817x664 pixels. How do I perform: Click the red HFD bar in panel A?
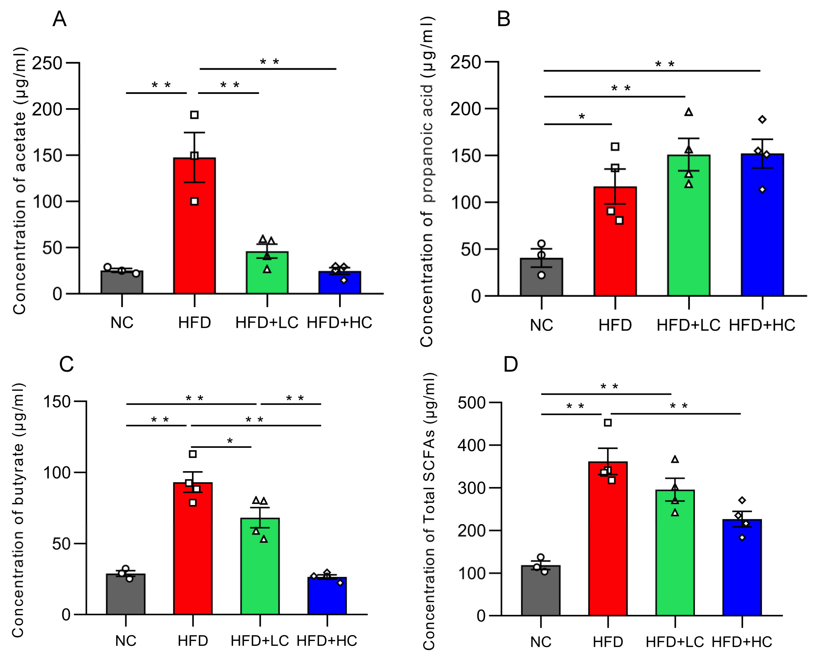[194, 229]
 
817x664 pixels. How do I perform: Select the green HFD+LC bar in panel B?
[688, 229]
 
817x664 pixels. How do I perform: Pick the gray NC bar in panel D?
[540, 593]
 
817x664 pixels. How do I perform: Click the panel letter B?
[503, 19]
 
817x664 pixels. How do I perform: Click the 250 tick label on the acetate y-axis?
[47, 63]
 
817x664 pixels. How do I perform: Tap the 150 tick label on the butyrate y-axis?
[57, 402]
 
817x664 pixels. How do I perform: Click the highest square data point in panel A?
[194, 115]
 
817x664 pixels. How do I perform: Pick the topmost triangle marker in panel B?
[688, 112]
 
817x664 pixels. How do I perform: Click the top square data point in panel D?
[608, 423]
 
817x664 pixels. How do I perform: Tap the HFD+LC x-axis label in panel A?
[267, 323]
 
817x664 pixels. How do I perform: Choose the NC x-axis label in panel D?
[540, 642]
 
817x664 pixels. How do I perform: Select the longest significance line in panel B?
[652, 71]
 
